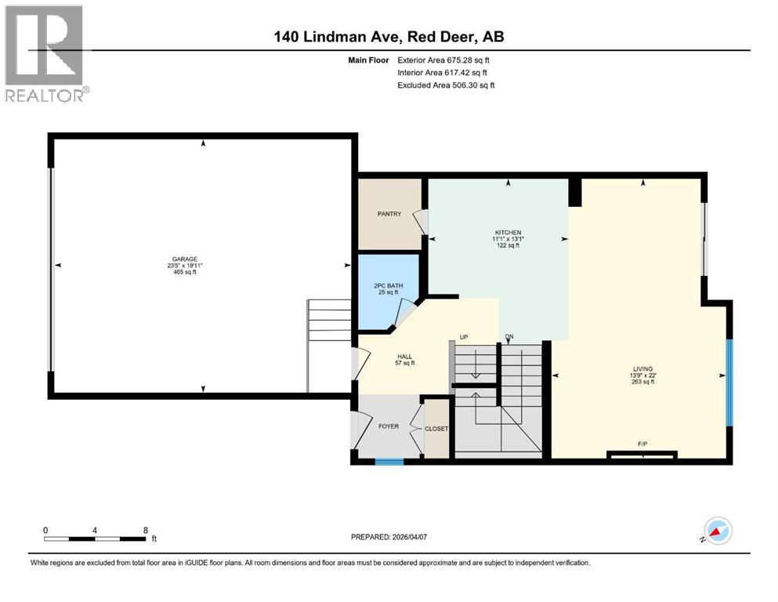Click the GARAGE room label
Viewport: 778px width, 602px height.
[x=185, y=259]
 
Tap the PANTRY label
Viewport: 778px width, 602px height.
[x=389, y=213]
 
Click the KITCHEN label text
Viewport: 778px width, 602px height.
[x=507, y=233]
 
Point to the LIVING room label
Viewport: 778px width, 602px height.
[x=643, y=368]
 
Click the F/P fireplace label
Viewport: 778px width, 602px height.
[x=642, y=445]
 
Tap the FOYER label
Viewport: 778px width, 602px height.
[x=388, y=426]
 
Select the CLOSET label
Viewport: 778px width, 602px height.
[x=436, y=429]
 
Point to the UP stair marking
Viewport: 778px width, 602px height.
[x=464, y=337]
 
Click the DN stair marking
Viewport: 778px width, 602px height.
[x=509, y=337]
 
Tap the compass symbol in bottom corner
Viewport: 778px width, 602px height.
[x=718, y=531]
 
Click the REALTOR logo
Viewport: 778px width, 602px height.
[x=45, y=53]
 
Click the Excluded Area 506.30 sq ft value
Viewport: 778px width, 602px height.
[x=446, y=85]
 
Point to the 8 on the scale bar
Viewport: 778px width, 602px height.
[x=146, y=530]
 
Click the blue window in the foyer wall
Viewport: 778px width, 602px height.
[x=389, y=462]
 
